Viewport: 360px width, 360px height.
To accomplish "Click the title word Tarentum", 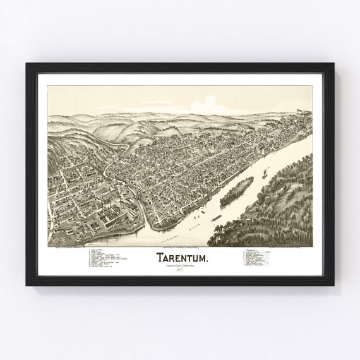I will pos(179,258).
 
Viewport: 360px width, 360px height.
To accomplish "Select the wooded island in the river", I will pos(236,191).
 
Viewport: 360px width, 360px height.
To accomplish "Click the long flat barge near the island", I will pos(216,218).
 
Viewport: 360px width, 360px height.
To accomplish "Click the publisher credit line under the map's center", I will pos(179,248).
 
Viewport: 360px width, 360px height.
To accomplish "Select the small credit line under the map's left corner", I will pos(69,248).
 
